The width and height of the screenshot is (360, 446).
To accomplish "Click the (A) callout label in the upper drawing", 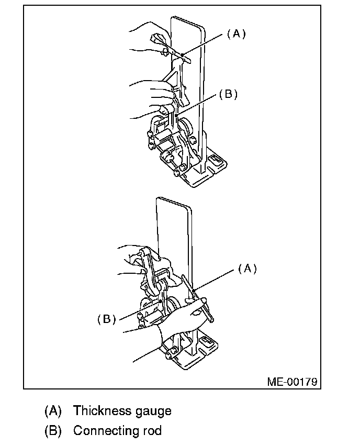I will point(236,34).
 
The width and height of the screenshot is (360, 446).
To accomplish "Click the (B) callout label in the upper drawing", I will point(228,94).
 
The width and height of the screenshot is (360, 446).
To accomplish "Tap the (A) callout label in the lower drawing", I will point(248,269).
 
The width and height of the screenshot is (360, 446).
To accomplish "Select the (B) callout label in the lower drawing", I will point(107,319).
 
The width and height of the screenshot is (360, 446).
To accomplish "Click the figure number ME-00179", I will point(292,382).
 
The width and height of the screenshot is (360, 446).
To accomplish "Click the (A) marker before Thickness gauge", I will point(53,411).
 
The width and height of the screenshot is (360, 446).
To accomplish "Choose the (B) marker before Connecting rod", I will point(53,431).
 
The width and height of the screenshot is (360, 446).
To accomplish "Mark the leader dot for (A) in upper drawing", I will point(182,55).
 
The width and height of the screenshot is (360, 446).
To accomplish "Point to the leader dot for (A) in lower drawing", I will point(193,291).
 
